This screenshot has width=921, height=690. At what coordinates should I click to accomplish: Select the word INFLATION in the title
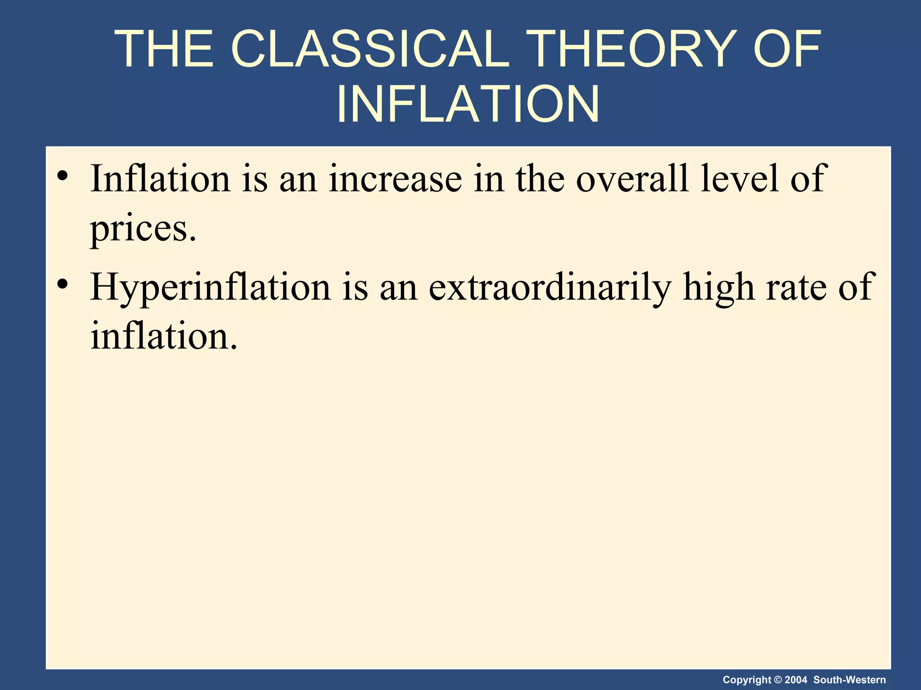click(468, 104)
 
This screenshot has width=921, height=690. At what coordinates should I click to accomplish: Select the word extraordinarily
click(550, 287)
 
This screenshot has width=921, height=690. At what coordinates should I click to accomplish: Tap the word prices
click(143, 229)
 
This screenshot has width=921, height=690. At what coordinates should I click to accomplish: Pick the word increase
click(395, 178)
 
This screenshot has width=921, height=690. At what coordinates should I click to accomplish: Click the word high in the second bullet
click(718, 287)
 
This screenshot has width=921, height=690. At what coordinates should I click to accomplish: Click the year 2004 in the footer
click(796, 680)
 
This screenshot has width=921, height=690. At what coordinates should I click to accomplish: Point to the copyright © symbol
click(778, 680)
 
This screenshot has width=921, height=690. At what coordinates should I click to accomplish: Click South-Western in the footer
click(849, 680)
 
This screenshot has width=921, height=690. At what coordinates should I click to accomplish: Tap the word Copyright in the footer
click(747, 680)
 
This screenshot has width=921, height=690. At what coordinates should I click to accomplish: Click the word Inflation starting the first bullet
click(160, 178)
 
